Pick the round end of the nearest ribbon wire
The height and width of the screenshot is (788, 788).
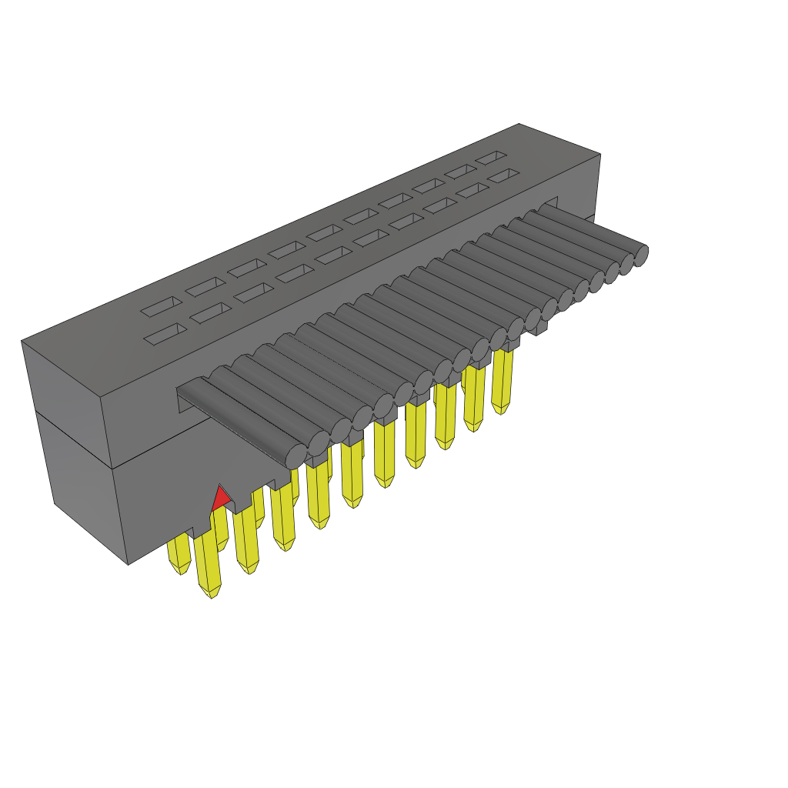tap(295, 455)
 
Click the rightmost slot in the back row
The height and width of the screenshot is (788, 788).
tap(489, 157)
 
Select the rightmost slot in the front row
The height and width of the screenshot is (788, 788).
tap(503, 175)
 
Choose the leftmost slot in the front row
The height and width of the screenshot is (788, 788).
tap(165, 332)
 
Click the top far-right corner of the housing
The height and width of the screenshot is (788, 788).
tap(599, 154)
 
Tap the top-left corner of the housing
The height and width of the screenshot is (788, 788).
tap(22, 341)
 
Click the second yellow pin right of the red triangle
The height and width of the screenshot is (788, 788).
tap(283, 523)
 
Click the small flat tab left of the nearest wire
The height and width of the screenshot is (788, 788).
tap(192, 396)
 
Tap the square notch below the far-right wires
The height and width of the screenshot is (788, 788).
tap(539, 329)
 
